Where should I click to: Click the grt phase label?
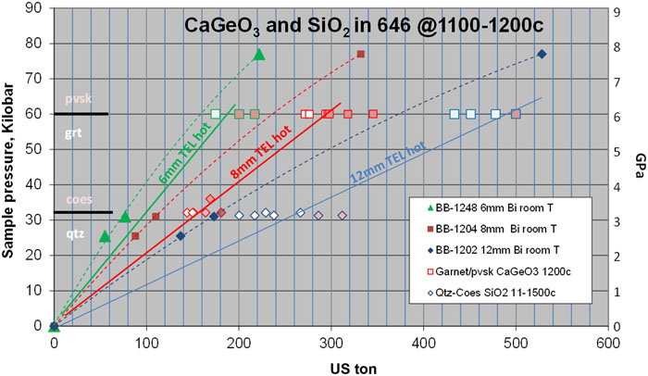click(x=74, y=133)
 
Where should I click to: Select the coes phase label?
click(x=77, y=199)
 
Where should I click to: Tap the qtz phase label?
click(x=73, y=234)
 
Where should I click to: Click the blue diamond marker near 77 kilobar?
click(x=542, y=54)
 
